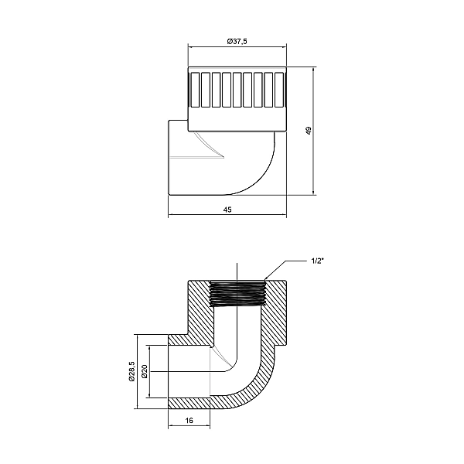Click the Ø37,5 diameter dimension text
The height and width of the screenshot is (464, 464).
[x=237, y=41]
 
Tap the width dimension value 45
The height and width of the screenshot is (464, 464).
[x=227, y=209]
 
